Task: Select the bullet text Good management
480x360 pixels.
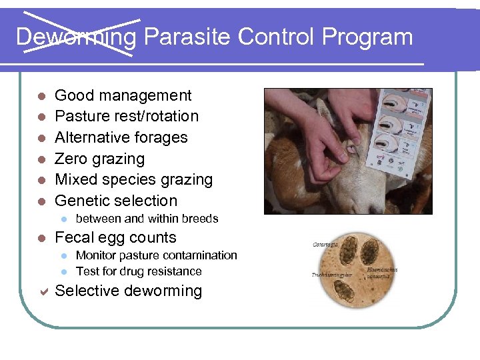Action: [x=123, y=96]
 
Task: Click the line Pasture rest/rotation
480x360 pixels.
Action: [x=127, y=117]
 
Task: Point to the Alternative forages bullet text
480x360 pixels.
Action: [x=121, y=138]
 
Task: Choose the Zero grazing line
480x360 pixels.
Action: [x=99, y=159]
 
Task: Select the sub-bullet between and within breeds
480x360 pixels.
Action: [x=147, y=219]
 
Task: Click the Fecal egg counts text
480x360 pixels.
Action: [x=115, y=238]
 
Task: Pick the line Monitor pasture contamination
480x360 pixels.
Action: [x=156, y=255]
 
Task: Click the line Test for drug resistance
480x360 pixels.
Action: [x=139, y=271]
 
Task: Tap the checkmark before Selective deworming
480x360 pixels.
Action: [x=42, y=291]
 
